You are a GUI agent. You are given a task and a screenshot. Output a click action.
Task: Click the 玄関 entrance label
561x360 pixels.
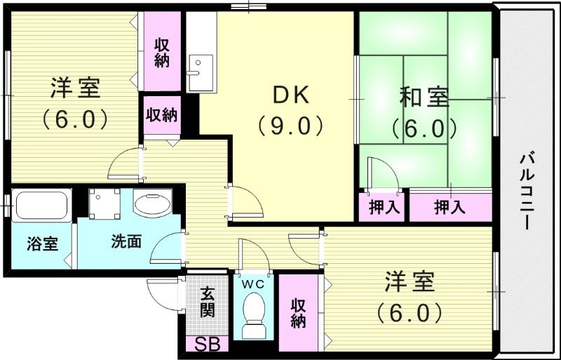coord(206,302)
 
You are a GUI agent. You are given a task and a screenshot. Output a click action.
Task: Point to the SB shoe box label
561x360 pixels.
coord(206,345)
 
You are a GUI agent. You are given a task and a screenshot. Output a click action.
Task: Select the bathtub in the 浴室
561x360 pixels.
coord(41,205)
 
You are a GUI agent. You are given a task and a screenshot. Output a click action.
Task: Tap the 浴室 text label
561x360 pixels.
coord(42,244)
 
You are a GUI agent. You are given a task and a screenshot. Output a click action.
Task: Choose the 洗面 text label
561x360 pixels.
coord(126,243)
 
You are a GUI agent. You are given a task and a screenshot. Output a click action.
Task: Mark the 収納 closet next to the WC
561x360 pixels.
coord(298,313)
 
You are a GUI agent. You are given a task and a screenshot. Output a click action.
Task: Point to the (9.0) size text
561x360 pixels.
coord(289,126)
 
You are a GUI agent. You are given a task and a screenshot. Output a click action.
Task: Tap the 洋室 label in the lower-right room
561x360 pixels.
coord(410,282)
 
